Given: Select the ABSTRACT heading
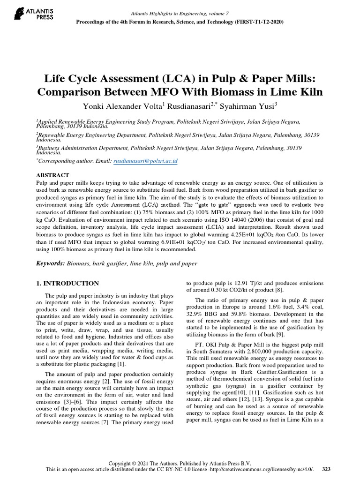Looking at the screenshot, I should click(52, 174).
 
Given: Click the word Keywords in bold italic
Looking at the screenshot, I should click(51, 263).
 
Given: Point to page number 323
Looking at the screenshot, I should click(327, 468).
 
